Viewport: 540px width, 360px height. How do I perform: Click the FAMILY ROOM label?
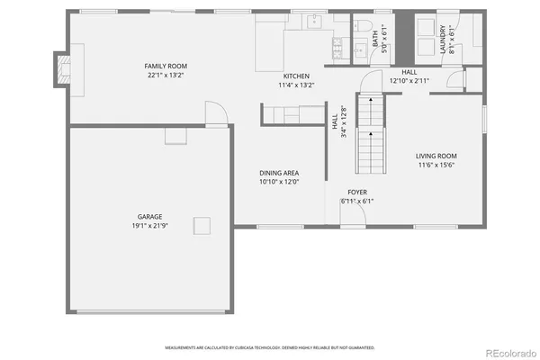click(x=166, y=66)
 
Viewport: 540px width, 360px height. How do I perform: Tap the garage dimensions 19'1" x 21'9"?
click(x=150, y=224)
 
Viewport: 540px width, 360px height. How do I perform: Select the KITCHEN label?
click(x=297, y=76)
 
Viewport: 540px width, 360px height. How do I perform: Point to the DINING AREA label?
click(x=279, y=173)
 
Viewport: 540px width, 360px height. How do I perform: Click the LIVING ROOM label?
click(x=436, y=156)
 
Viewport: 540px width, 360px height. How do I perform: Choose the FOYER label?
click(x=357, y=193)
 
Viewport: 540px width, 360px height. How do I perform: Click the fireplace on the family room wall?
click(x=62, y=70)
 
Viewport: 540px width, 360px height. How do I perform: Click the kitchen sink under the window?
click(x=312, y=22)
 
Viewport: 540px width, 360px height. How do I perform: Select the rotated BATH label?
click(x=375, y=40)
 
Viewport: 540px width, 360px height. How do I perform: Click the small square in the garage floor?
click(x=206, y=225)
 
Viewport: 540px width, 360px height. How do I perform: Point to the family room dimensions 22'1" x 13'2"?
click(x=166, y=76)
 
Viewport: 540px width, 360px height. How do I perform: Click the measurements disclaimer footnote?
click(x=270, y=346)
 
